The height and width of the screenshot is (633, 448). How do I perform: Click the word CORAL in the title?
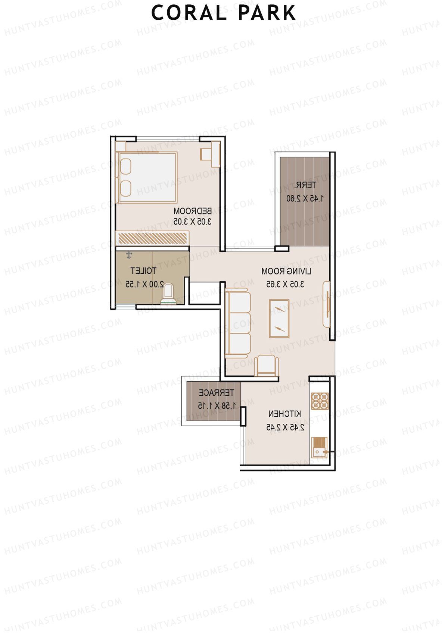[189, 13]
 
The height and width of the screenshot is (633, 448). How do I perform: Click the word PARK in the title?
[267, 13]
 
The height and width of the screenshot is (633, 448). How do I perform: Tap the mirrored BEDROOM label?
[193, 211]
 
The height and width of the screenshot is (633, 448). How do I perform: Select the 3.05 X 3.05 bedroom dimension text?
[193, 222]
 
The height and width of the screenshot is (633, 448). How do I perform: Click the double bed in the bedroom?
[148, 178]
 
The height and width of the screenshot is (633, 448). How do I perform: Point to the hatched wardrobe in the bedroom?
[152, 238]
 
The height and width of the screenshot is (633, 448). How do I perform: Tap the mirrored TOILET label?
[143, 271]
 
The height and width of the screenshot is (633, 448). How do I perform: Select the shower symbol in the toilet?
[129, 255]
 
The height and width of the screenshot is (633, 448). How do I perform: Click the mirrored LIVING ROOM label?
[286, 271]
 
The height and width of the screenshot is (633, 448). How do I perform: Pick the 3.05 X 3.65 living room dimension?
[285, 284]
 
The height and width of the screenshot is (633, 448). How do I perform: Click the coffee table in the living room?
[279, 319]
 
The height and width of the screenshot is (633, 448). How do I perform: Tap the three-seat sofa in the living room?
[238, 323]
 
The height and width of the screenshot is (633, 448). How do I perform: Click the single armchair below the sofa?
[267, 366]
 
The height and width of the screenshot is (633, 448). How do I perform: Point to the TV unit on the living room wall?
[327, 304]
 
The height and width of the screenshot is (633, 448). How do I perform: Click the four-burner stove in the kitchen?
[320, 401]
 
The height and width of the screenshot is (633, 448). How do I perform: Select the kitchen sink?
[319, 447]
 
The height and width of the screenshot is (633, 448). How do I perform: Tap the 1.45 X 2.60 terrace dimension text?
[305, 198]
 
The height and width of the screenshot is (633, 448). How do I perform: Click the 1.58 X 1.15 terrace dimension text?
[217, 405]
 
